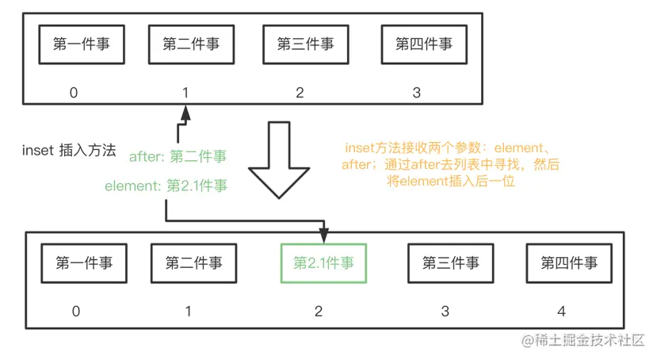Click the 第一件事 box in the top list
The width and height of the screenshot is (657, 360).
tap(82, 45)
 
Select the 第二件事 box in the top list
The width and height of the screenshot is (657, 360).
tap(191, 45)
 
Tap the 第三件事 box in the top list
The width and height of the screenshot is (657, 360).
tap(305, 45)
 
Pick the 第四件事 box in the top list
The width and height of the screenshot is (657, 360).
tap(423, 45)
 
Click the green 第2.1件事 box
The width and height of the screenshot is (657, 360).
tap(324, 262)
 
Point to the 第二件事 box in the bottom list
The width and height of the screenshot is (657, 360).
tap(193, 262)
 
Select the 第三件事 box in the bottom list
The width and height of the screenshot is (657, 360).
tap(450, 262)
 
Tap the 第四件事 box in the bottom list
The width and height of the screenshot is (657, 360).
tap(569, 262)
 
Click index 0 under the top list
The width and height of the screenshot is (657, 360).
tap(74, 93)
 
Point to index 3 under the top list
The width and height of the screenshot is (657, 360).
tap(417, 93)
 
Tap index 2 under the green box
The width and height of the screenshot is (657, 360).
tap(319, 311)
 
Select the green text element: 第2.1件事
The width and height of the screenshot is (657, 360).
tap(166, 186)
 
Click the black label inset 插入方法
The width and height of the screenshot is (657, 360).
tap(70, 149)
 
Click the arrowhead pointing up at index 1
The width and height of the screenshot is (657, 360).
tap(185, 115)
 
